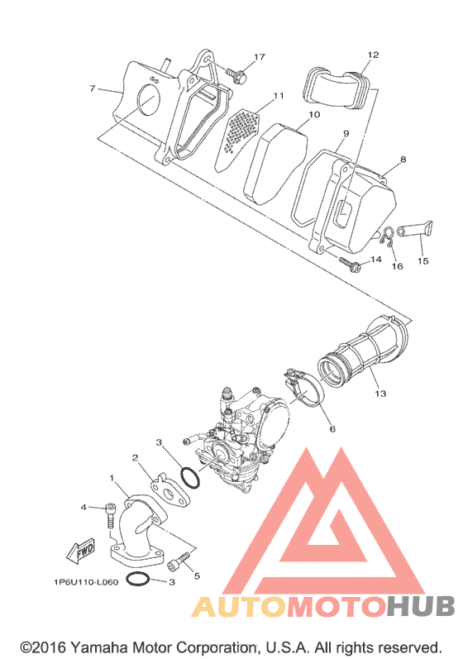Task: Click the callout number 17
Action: pyautogui.click(x=260, y=57)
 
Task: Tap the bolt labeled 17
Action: pyautogui.click(x=236, y=75)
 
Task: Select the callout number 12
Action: pyautogui.click(x=373, y=55)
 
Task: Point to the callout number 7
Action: pyautogui.click(x=92, y=88)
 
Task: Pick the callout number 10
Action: pyautogui.click(x=314, y=114)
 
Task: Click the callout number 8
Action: pyautogui.click(x=403, y=160)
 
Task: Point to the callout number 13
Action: pyautogui.click(x=380, y=394)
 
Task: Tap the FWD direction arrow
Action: pyautogui.click(x=81, y=551)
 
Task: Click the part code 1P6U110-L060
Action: pyautogui.click(x=86, y=582)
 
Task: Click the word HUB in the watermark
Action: pyautogui.click(x=421, y=606)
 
